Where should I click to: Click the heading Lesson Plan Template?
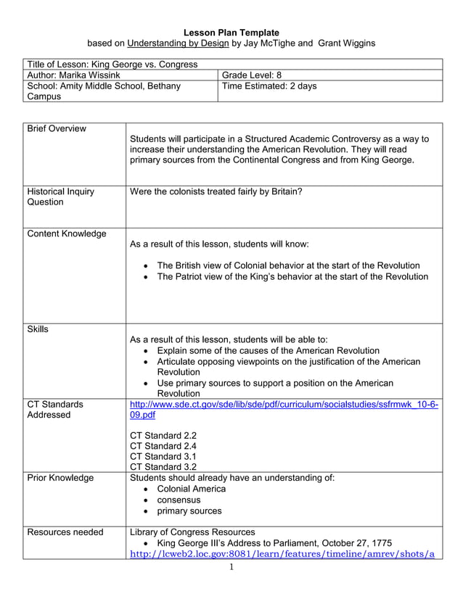coord(231,33)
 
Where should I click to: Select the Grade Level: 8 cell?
coord(252,75)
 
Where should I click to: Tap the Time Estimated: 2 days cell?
coord(269,86)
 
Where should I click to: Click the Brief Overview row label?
coord(57,128)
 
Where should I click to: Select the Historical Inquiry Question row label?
coord(60,197)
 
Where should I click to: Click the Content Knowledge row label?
coord(66,234)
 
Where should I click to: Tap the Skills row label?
coord(38,329)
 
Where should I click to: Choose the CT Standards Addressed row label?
coord(55,410)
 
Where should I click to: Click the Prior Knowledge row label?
coord(60,478)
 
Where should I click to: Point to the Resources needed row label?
coord(65,532)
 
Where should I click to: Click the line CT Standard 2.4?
coord(163,446)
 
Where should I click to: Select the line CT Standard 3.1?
coord(163,457)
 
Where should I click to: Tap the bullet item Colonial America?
coord(191,489)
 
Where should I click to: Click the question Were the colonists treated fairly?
coord(216,191)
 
